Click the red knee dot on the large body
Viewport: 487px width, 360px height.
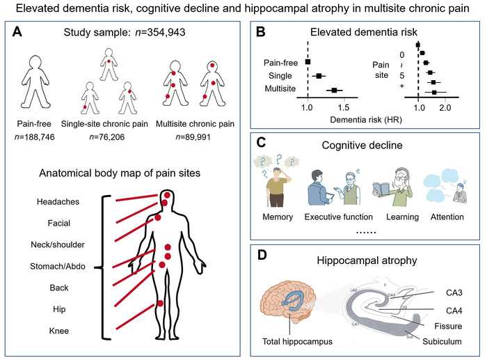coord(161,303)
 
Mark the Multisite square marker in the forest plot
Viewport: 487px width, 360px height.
coord(335,90)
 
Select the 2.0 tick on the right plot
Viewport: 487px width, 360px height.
coord(445,109)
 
